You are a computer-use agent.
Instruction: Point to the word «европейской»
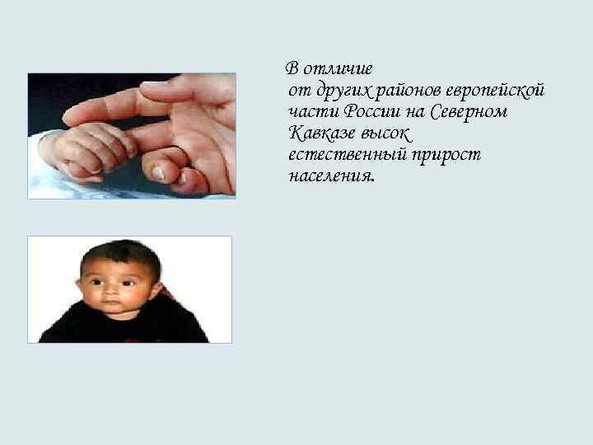tap(497, 90)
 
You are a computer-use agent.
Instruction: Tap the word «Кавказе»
tap(321, 133)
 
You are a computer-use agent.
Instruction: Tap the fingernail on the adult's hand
tap(158, 172)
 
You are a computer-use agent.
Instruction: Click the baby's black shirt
tap(124, 330)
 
